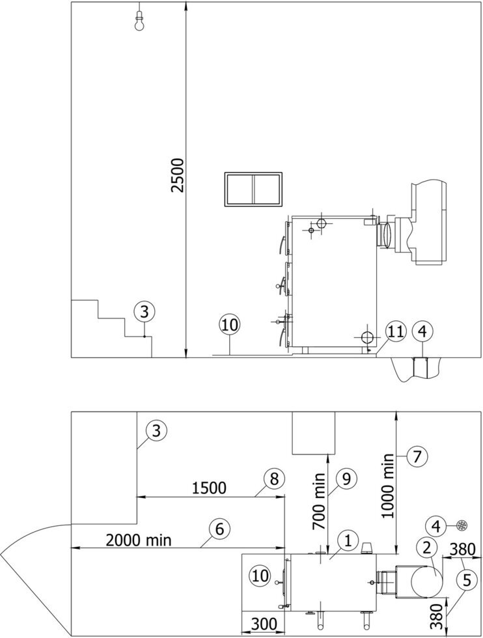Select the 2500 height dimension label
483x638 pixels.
(178, 175)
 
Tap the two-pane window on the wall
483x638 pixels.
(253, 189)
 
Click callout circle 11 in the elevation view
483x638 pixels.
(396, 331)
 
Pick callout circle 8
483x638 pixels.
(275, 479)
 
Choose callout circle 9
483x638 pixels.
(346, 479)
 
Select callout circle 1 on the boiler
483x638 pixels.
(348, 541)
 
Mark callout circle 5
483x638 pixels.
(466, 580)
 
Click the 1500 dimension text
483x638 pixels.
(209, 488)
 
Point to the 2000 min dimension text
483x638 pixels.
(139, 540)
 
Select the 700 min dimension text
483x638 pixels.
(320, 501)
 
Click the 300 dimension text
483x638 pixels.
(263, 624)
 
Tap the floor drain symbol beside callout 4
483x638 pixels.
(462, 525)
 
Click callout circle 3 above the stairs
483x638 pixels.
(145, 312)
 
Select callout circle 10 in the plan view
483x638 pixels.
(261, 576)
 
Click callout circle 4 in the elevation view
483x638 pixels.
(422, 331)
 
